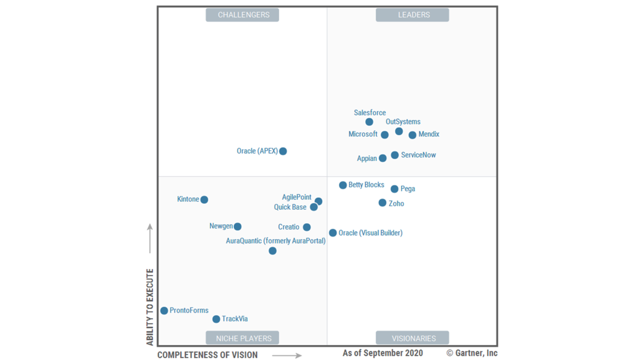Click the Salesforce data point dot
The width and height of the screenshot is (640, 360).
[x=369, y=122]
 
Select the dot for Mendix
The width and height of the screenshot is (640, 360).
[x=412, y=135]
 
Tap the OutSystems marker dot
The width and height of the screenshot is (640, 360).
[x=399, y=131]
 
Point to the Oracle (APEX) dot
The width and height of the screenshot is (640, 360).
[x=283, y=151]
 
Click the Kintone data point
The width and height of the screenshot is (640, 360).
[x=204, y=199]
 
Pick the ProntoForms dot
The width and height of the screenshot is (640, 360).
[x=164, y=310]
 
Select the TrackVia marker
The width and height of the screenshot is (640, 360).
[x=216, y=319]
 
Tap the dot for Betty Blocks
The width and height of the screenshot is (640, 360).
[x=343, y=185]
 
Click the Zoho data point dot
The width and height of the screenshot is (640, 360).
[x=382, y=202]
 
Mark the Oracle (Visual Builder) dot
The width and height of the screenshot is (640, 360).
[x=333, y=232]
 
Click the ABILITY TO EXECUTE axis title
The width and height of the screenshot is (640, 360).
[x=150, y=307]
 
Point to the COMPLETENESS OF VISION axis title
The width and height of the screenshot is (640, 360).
[x=207, y=355]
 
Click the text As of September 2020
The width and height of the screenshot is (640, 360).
[x=382, y=353]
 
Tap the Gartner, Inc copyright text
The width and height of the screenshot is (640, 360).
[x=472, y=353]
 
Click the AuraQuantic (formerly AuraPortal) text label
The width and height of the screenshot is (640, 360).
[x=275, y=241]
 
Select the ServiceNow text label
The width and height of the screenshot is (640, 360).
[x=418, y=155]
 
